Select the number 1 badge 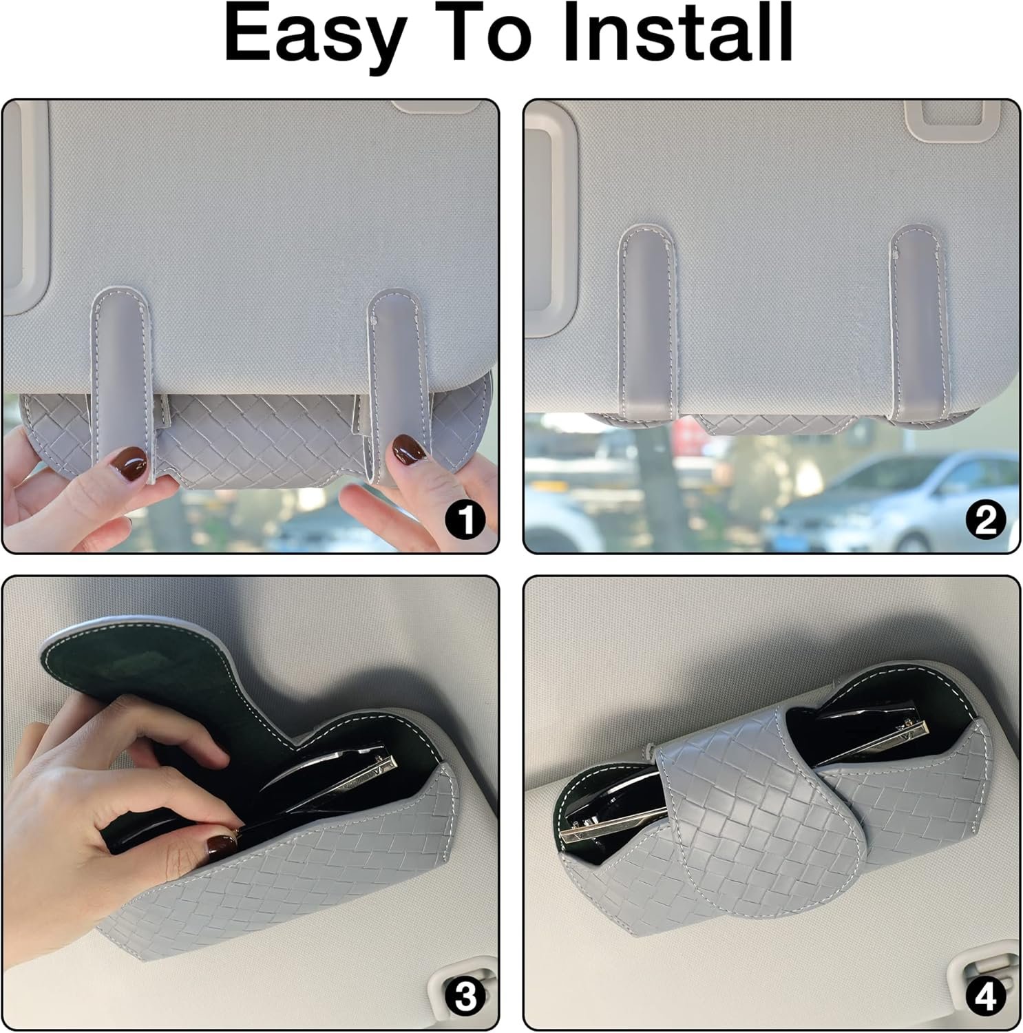pos(466,521)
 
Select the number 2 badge pos(986,521)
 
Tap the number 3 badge pos(466,998)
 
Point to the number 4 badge pos(986,998)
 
